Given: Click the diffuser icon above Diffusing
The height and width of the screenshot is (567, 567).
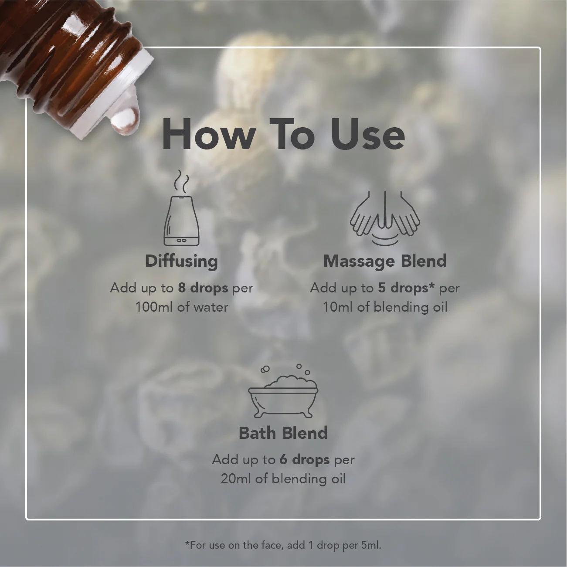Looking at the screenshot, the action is point(181,221).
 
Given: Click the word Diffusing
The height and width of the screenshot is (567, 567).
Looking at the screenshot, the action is point(182,261).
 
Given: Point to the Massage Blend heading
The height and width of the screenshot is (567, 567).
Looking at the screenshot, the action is point(385,261).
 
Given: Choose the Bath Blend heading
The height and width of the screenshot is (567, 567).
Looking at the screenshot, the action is point(283,433).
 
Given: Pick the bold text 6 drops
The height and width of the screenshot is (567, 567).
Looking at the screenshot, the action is point(305,460).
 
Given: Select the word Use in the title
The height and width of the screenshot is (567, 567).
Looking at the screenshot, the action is point(368,134).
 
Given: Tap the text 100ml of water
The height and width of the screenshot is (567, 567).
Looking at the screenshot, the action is point(182,308).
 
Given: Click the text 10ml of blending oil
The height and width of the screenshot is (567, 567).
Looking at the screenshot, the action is point(385,308).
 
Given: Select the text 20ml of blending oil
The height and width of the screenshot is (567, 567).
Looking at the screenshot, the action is point(283,479).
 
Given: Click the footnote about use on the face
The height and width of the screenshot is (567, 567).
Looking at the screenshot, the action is point(283,545).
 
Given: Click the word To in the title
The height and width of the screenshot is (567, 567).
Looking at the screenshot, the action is point(293,134).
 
